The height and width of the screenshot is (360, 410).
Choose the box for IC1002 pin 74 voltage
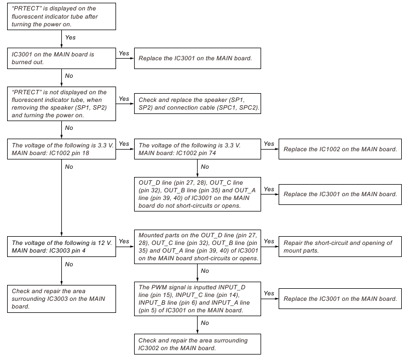click(x=198, y=150)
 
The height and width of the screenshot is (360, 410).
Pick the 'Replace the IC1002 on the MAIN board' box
click(x=338, y=150)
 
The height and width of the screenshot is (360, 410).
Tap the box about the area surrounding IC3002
click(x=198, y=344)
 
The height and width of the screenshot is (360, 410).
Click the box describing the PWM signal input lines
click(x=198, y=298)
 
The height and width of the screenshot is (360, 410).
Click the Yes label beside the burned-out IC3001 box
click(x=124, y=53)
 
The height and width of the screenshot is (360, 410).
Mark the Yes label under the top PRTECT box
click(x=70, y=37)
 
